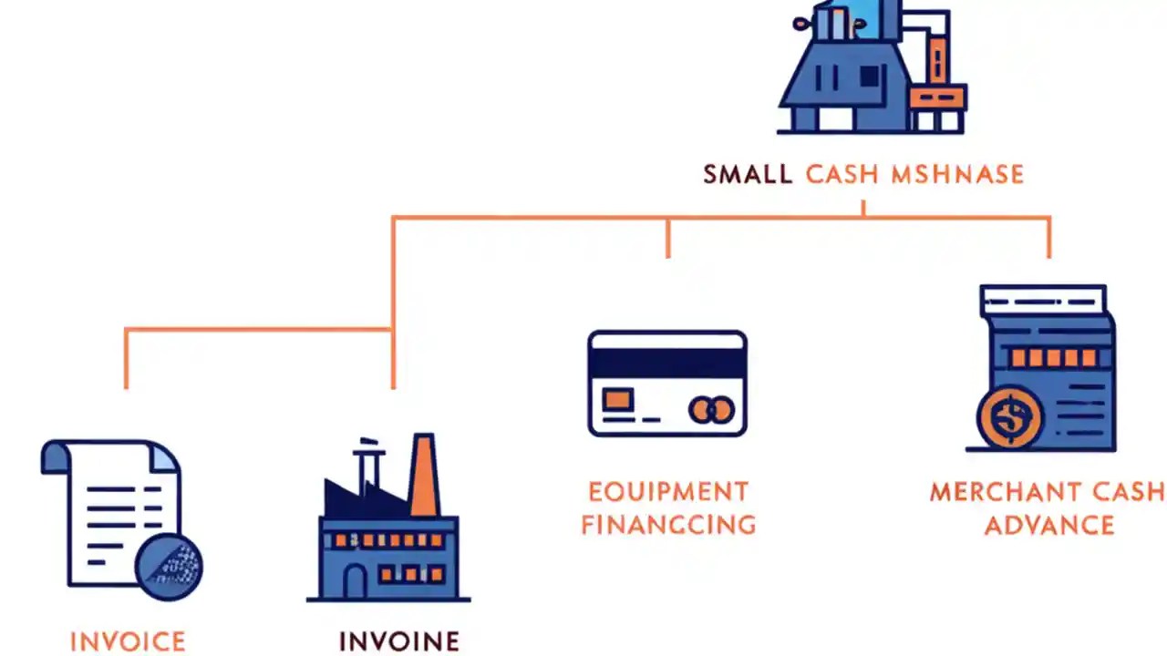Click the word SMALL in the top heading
click(747, 174)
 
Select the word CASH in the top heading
click(842, 174)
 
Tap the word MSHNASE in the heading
click(957, 174)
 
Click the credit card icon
click(667, 383)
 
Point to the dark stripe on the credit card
click(667, 363)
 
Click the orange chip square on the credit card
click(618, 399)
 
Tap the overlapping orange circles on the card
click(711, 410)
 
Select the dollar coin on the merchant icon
click(1009, 418)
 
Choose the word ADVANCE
click(1048, 526)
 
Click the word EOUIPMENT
click(668, 492)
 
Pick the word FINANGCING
click(668, 525)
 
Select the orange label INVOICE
click(128, 641)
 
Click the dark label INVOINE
click(398, 641)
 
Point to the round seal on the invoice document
click(169, 566)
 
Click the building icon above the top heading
click(871, 68)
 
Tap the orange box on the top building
click(937, 97)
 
